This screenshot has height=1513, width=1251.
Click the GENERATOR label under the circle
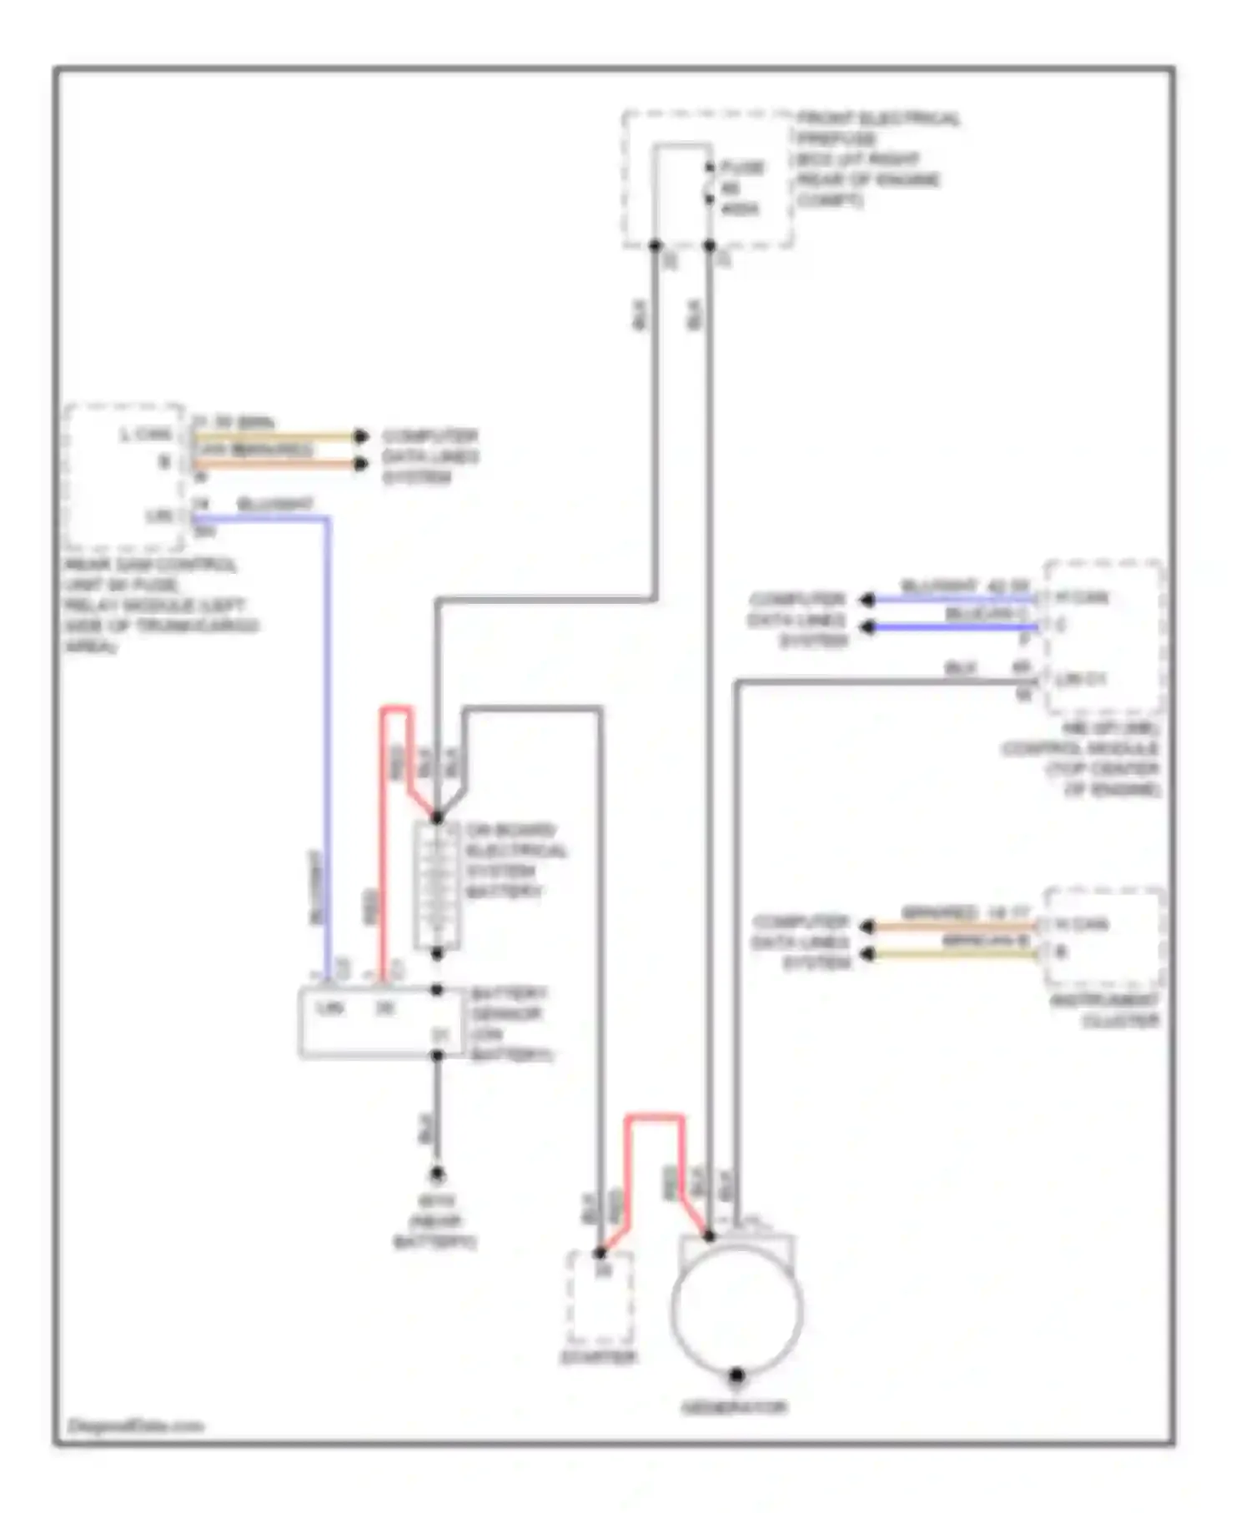click(x=734, y=1409)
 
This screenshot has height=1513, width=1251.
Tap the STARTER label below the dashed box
click(x=598, y=1358)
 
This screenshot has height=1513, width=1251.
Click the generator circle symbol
click(x=737, y=1309)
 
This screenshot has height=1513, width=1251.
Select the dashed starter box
click(x=599, y=1298)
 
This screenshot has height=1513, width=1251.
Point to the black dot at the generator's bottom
click(x=736, y=1375)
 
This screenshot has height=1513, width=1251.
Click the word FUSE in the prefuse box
click(x=741, y=168)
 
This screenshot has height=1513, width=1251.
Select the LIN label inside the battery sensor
click(x=330, y=1008)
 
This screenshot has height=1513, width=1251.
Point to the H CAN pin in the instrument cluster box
click(x=1082, y=924)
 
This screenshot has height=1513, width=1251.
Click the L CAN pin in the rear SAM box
click(x=147, y=435)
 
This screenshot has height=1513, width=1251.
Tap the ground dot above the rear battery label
click(x=437, y=1174)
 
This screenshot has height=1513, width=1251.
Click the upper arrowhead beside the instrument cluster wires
click(x=867, y=926)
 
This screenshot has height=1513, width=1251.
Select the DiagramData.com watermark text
click(x=135, y=1425)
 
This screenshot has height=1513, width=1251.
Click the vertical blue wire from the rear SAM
click(x=328, y=751)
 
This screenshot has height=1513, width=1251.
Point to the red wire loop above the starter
click(x=655, y=1118)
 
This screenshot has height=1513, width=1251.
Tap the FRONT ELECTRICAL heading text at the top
click(x=877, y=118)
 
